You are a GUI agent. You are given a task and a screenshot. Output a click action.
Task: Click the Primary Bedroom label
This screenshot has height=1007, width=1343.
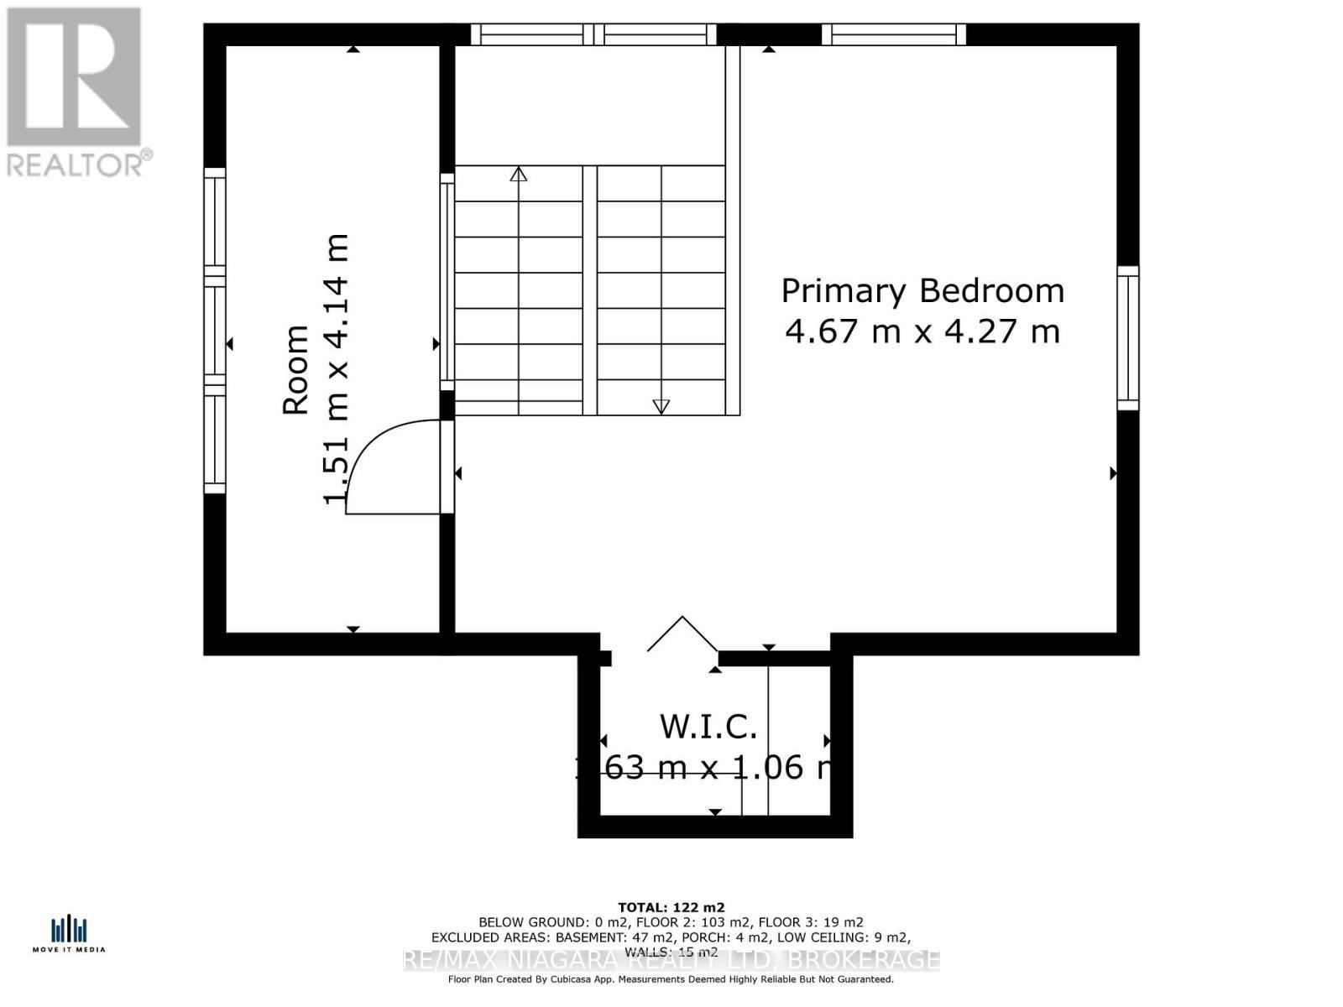coord(922,291)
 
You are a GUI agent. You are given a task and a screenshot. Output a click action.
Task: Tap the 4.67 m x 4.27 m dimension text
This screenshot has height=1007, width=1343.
coord(922,331)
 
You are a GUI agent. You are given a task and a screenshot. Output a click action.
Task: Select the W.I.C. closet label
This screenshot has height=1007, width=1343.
coord(708,727)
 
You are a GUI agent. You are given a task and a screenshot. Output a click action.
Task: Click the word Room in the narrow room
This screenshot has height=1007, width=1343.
coord(295,369)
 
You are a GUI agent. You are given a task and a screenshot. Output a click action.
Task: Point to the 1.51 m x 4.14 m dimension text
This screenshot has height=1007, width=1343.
coord(336,369)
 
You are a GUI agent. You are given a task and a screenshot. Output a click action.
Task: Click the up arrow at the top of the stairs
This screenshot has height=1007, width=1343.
coord(519,175)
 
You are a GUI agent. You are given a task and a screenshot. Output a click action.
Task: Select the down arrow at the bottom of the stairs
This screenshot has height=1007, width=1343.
coord(661,406)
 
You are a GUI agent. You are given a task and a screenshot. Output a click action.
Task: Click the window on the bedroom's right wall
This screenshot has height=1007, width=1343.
coord(1128,338)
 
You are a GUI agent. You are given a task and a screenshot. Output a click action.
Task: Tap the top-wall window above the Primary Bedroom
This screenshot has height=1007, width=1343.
coord(894,34)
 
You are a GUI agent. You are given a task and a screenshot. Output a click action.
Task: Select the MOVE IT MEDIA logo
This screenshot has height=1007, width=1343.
coord(69,934)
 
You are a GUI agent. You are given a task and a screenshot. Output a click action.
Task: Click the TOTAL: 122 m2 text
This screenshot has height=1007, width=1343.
coord(671,907)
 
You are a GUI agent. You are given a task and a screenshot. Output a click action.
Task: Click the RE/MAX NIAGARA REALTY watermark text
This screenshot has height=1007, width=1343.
coord(671,960)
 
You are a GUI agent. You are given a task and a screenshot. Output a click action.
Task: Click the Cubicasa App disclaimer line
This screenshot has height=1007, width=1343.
coord(671,979)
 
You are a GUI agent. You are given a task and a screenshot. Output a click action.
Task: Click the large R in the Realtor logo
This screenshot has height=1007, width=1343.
coord(74,76)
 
